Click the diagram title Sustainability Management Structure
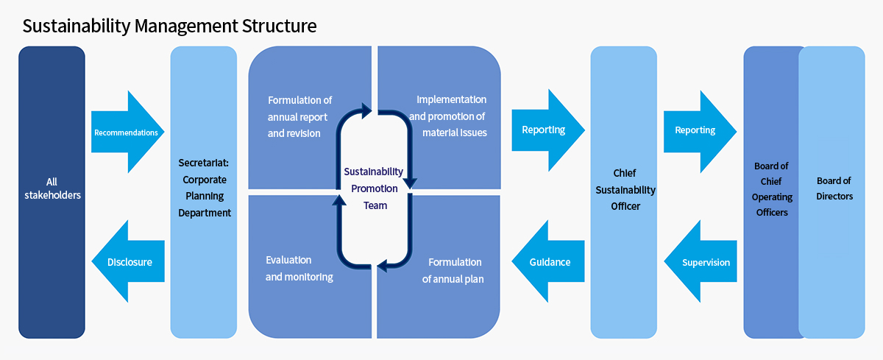[x=169, y=27]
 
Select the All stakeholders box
[x=52, y=192]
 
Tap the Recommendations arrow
[x=128, y=132]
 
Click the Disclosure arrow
[x=128, y=261]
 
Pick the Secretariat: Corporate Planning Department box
[x=203, y=192]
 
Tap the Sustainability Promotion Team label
[x=374, y=188]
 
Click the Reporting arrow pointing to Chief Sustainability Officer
[x=548, y=130]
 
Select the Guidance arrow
[x=548, y=261]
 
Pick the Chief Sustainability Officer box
[x=624, y=192]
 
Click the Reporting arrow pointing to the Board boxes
[x=700, y=132]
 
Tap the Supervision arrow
[x=700, y=261]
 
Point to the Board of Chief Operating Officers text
[x=771, y=189]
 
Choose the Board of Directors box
[x=831, y=192]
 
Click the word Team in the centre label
[x=375, y=205]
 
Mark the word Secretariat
[x=203, y=163]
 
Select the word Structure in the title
[x=279, y=27]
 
